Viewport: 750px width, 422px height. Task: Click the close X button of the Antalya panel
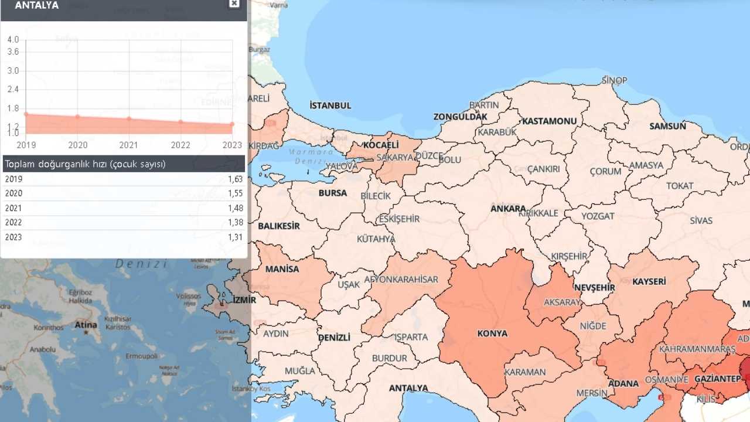(x=234, y=4)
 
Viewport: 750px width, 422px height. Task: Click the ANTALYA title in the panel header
(x=36, y=5)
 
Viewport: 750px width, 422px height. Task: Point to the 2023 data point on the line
(x=232, y=124)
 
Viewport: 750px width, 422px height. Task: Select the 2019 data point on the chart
(x=26, y=114)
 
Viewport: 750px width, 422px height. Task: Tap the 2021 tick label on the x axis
(x=129, y=145)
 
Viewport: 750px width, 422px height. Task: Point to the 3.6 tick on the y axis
(x=13, y=52)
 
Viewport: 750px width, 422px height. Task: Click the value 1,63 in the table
(x=236, y=179)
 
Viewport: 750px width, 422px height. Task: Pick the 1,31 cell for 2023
(x=236, y=237)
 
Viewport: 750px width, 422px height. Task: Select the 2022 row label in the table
(x=13, y=223)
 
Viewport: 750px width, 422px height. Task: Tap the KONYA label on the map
(x=492, y=333)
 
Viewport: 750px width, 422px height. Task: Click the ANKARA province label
(x=508, y=209)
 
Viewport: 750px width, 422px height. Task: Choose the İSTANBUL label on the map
(x=330, y=105)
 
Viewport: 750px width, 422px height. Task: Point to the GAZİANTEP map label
(x=717, y=379)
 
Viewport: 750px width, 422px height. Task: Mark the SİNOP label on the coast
(x=614, y=80)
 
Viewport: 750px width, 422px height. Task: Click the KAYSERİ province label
(x=649, y=281)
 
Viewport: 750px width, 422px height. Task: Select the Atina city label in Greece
(x=86, y=325)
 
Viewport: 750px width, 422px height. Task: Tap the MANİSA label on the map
(x=282, y=269)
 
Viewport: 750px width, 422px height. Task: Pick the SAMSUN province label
(x=667, y=126)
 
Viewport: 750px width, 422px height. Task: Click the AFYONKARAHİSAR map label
(x=401, y=280)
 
